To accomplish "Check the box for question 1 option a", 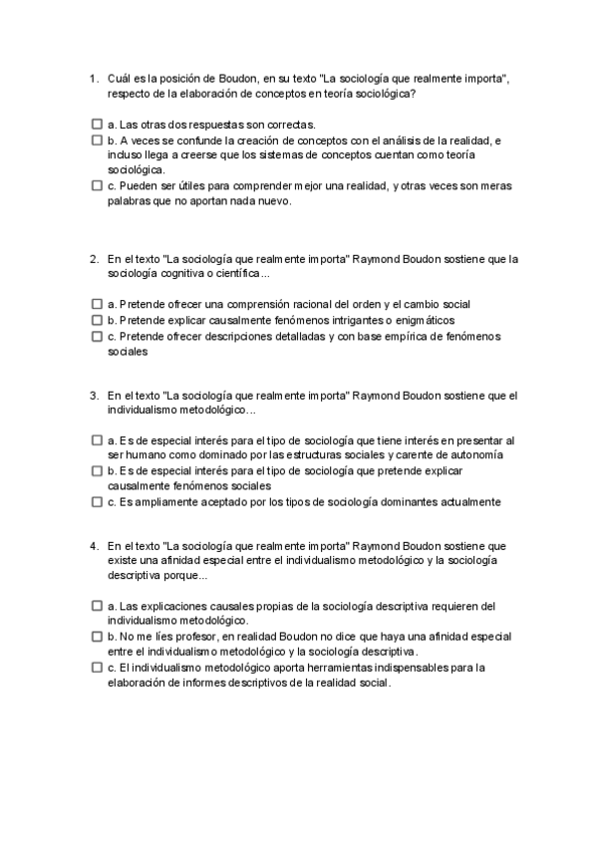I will (x=96, y=125).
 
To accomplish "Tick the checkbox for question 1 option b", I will (x=96, y=141).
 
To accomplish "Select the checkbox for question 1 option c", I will (x=96, y=185).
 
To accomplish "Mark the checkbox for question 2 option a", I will (x=96, y=304).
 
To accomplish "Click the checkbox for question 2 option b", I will (x=96, y=320).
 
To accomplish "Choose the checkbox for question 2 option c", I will (x=96, y=337).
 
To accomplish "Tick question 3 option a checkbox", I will (x=96, y=440).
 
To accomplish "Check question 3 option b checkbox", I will (x=96, y=470).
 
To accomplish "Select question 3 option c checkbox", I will (x=96, y=502).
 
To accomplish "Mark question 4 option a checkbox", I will (x=96, y=606).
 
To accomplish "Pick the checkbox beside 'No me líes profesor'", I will (x=96, y=636).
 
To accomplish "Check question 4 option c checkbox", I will (x=96, y=668).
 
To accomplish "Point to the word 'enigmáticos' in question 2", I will (x=423, y=321).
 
